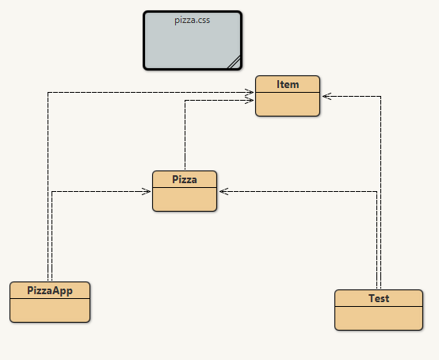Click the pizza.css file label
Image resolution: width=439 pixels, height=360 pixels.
192,20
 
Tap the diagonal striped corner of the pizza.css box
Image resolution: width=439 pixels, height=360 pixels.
235,62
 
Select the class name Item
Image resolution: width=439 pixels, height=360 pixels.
288,84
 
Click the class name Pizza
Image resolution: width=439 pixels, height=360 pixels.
185,179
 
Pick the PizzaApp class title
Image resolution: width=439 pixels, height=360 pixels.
50,290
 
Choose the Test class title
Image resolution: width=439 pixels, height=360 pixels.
379,298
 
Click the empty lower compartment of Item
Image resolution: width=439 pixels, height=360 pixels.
288,104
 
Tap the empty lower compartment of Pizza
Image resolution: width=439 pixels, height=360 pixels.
185,199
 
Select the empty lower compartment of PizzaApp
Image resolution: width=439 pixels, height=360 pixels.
50,310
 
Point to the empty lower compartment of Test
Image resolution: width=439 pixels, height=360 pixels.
379,318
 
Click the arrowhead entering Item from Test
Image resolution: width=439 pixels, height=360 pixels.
326,97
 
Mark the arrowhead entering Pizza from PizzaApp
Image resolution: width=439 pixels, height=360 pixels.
147,192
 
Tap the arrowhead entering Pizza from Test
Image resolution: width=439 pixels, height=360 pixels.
223,192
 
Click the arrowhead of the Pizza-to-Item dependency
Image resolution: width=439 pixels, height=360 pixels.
249,100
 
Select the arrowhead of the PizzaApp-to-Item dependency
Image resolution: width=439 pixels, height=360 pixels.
249,92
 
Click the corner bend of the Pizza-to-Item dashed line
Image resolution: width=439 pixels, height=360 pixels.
185,100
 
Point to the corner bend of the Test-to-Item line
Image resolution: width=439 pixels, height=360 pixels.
381,97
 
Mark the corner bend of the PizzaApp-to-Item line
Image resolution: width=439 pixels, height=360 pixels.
48,92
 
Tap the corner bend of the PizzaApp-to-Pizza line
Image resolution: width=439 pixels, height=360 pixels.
52,192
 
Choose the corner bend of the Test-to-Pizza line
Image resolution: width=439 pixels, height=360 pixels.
377,192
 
